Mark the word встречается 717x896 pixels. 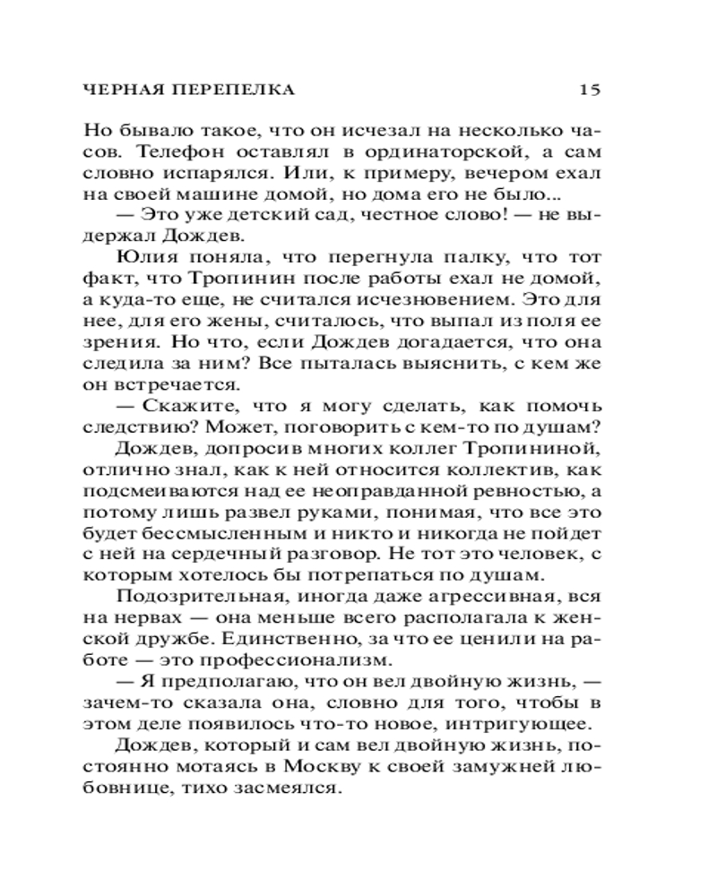coord(162,385)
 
